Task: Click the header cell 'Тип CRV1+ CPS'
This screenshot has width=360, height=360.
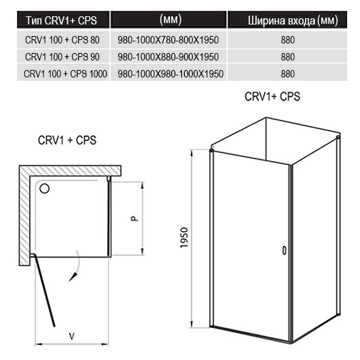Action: pyautogui.click(x=61, y=20)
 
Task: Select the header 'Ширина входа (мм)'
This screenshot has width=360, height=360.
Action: pyautogui.click(x=293, y=20)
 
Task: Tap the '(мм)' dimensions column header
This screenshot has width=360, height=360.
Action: pyautogui.click(x=170, y=19)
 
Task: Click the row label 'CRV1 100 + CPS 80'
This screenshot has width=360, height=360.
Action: pyautogui.click(x=62, y=40)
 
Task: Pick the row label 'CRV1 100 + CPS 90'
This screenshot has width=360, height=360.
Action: pyautogui.click(x=62, y=57)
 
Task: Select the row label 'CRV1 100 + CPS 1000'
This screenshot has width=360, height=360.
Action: pyautogui.click(x=65, y=74)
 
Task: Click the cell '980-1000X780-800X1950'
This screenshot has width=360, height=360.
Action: pyautogui.click(x=168, y=40)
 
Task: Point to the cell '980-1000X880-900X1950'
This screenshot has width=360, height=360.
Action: pyautogui.click(x=168, y=57)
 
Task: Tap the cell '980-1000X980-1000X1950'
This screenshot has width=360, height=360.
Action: pyautogui.click(x=170, y=74)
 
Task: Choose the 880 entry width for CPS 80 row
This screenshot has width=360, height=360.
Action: pyautogui.click(x=288, y=40)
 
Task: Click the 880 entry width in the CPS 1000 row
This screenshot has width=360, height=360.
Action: pyautogui.click(x=288, y=74)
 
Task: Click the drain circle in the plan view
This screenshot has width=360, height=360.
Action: pyautogui.click(x=45, y=189)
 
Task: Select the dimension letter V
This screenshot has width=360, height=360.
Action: pyautogui.click(x=72, y=337)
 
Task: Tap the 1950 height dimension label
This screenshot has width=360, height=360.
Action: pyautogui.click(x=184, y=238)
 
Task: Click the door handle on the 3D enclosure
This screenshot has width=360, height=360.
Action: pyautogui.click(x=284, y=251)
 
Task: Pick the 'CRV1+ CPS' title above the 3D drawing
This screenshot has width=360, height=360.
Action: pyautogui.click(x=272, y=96)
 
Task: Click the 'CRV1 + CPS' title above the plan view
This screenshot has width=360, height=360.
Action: pyautogui.click(x=67, y=140)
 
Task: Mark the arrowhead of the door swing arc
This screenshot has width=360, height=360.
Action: pyautogui.click(x=73, y=276)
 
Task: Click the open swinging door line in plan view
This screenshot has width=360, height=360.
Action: pyautogui.click(x=45, y=290)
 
